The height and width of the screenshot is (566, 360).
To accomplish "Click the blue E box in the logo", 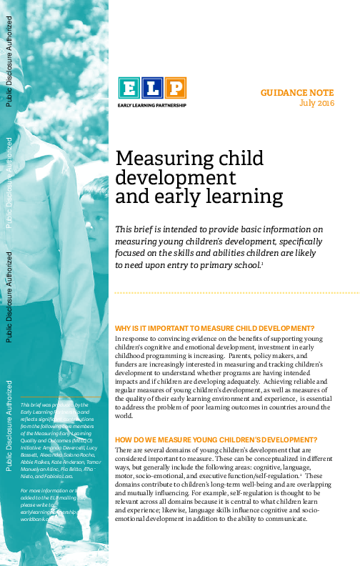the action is point(129,88).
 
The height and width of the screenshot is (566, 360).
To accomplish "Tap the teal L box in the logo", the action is point(151,88).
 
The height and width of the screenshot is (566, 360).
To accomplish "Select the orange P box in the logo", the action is point(175,88).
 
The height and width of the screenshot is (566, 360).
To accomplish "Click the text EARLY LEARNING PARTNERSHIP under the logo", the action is point(151,104).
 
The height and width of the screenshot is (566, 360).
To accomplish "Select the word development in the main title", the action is point(176,177).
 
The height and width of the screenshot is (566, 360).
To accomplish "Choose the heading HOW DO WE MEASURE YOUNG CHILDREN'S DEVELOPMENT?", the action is point(216,440).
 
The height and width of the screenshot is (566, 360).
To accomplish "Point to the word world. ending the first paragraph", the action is point(124,415).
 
